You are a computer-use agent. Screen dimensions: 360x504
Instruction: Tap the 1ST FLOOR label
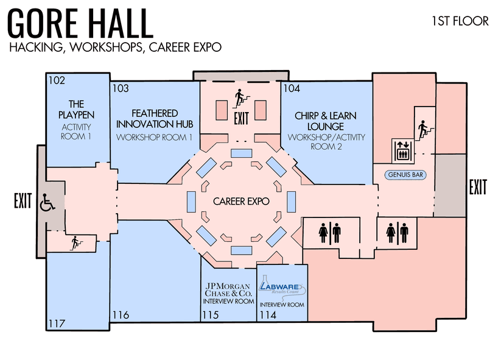point(460,21)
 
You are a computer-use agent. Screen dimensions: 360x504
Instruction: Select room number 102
point(57,79)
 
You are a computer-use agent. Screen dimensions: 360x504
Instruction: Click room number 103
point(121,88)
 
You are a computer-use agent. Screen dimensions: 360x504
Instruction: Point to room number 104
point(292,88)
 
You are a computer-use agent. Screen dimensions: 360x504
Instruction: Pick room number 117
point(57,323)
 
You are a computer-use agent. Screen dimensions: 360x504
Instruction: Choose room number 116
point(121,315)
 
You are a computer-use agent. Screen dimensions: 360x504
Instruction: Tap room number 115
point(210,315)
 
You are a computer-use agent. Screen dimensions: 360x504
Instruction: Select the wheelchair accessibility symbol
point(47,202)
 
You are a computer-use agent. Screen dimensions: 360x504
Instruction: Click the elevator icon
point(401,150)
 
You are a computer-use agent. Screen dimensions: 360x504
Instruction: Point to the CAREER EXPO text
point(241,201)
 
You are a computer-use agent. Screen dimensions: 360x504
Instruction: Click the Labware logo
point(283,285)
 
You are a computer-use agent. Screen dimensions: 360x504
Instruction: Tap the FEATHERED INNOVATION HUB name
point(155,118)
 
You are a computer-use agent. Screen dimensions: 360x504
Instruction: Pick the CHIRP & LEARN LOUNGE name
point(326,121)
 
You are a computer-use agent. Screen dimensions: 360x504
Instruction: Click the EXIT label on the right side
point(478,188)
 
